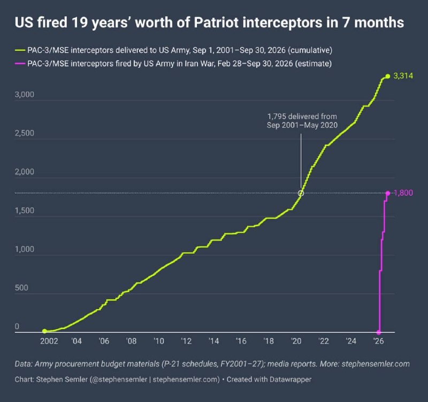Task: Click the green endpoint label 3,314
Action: coord(403,75)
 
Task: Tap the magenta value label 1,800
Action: coord(403,193)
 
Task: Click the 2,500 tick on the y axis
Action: coord(24,133)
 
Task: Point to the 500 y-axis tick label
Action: coord(21,288)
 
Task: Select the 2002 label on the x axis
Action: coord(49,341)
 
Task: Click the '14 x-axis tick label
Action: coord(213,341)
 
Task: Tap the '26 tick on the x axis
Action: coord(378,341)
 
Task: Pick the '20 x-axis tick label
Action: coord(296,341)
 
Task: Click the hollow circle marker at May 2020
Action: coord(301,193)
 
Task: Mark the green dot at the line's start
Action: coord(44,331)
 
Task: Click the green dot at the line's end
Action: coord(387,76)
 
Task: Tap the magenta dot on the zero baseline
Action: coord(379,332)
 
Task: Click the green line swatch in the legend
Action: coord(20,50)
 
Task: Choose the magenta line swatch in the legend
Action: coord(20,64)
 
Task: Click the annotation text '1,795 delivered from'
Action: coord(302,117)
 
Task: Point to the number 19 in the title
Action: coord(80,22)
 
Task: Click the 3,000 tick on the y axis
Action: coord(24,95)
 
